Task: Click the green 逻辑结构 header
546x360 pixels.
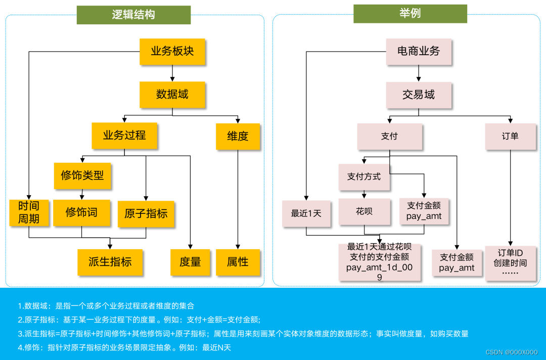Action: point(133,15)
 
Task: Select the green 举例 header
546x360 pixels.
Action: point(410,14)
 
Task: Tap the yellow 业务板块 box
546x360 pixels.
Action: point(172,51)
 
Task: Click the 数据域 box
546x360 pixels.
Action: point(172,94)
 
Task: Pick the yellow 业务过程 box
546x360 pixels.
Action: point(124,135)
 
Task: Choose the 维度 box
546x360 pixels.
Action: point(238,136)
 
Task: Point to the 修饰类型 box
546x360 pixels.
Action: point(82,175)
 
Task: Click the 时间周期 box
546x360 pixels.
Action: point(29,212)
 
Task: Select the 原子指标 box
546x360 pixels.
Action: point(146,213)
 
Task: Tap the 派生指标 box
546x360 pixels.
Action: point(110,261)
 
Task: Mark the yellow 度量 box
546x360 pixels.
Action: point(190,262)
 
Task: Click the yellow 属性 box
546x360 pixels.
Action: point(238,262)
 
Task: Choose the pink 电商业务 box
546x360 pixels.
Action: point(419,51)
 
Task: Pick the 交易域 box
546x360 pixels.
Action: point(419,95)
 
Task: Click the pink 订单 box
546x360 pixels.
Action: point(510,136)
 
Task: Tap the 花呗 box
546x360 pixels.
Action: point(364,211)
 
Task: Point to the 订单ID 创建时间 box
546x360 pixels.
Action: point(510,262)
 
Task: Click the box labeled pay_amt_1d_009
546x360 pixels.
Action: point(379,262)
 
